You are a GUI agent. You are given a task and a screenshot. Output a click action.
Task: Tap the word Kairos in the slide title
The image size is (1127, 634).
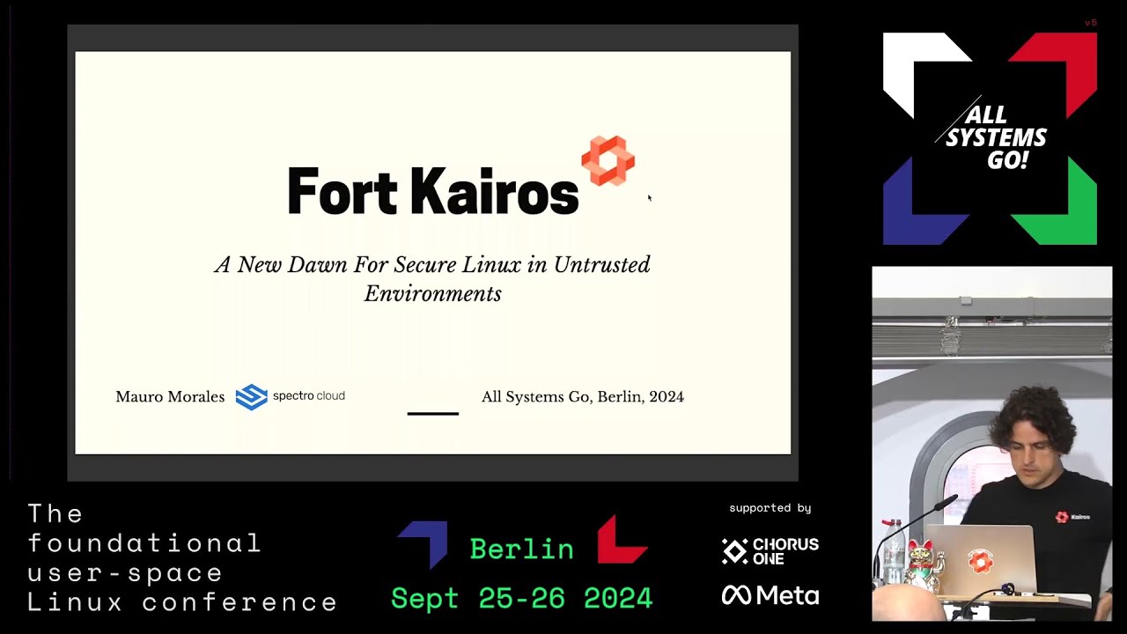[493, 192]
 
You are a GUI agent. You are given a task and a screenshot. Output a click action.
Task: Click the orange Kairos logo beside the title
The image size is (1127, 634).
[608, 160]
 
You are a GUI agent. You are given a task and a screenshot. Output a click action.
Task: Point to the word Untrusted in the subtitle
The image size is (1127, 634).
[601, 265]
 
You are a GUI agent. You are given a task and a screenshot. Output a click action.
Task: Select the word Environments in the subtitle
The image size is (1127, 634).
[432, 294]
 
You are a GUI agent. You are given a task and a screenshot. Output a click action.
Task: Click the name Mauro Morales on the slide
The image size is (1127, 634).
[170, 397]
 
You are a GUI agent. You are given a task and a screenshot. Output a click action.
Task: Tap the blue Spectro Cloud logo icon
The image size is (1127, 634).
[251, 397]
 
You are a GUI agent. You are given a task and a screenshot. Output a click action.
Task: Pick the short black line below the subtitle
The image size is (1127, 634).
[432, 413]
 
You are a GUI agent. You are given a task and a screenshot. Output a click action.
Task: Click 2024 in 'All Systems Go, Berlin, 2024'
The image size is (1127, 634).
[667, 397]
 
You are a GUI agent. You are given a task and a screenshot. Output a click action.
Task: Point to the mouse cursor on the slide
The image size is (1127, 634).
[650, 198]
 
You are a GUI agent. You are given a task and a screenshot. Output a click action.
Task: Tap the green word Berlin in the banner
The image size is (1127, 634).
[521, 549]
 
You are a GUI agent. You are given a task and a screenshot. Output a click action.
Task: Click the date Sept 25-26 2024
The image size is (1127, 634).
[521, 599]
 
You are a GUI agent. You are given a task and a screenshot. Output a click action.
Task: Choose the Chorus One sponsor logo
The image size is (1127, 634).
[770, 551]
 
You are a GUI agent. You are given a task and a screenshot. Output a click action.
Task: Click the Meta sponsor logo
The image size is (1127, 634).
[770, 596]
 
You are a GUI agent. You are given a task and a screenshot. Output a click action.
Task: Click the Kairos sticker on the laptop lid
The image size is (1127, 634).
[980, 561]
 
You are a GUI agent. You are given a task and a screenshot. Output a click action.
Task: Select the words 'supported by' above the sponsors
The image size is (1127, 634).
[770, 508]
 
